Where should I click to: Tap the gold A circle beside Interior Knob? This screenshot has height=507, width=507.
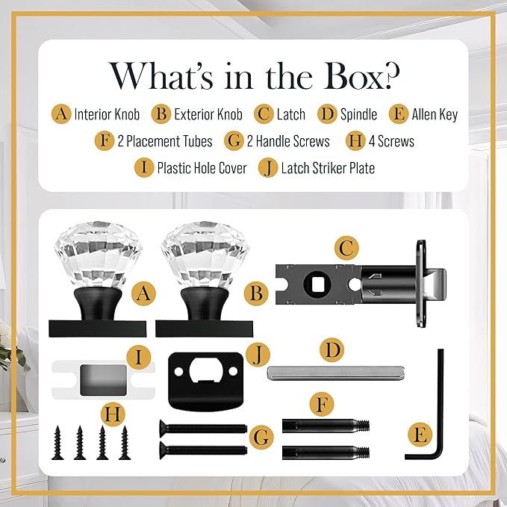click(x=61, y=113)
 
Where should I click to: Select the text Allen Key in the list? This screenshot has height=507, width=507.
click(x=435, y=114)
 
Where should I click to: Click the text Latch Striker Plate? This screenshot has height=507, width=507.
click(x=328, y=168)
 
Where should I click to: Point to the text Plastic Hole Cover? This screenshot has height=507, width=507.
click(x=202, y=168)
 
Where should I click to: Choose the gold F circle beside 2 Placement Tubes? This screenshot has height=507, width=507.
click(x=105, y=141)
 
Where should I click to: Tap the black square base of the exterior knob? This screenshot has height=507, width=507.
click(x=204, y=329)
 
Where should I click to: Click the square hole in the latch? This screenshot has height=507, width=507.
click(x=316, y=283)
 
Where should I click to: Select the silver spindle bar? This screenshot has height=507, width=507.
click(x=335, y=373)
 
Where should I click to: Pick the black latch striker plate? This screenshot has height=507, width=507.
click(x=205, y=381)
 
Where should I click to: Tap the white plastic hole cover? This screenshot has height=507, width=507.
click(x=103, y=380)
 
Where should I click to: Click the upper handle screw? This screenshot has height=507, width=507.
click(x=203, y=428)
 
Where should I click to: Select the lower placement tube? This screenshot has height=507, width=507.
click(x=326, y=452)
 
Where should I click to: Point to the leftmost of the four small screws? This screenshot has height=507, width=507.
click(x=57, y=442)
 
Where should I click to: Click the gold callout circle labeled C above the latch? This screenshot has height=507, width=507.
click(x=346, y=249)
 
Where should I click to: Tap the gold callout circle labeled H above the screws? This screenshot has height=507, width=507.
click(x=113, y=414)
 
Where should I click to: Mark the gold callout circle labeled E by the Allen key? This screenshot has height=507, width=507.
click(x=420, y=435)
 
